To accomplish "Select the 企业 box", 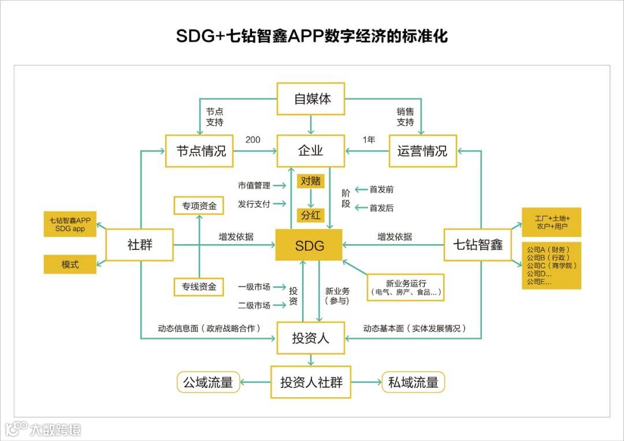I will click(311, 151).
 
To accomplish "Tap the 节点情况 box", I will click(200, 151).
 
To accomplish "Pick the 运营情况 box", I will click(422, 151).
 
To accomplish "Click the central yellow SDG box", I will click(309, 245).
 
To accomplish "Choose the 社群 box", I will click(140, 244).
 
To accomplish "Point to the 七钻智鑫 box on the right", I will click(478, 244).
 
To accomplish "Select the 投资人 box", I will click(311, 338).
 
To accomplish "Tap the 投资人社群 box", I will click(311, 382).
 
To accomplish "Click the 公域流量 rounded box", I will click(208, 382).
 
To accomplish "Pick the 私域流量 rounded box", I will click(413, 382).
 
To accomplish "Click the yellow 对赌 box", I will click(310, 181).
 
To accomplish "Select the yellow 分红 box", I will click(310, 215).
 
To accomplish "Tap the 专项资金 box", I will click(199, 205).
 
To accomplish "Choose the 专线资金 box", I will click(199, 286).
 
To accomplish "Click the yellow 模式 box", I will click(70, 264).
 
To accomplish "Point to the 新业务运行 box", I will click(406, 287).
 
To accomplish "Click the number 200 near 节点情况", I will click(252, 140).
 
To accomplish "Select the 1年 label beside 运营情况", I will click(369, 140).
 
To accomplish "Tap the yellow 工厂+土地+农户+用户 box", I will click(551, 223).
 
